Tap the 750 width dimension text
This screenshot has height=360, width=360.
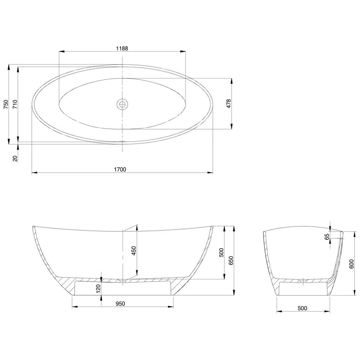coord(5,104)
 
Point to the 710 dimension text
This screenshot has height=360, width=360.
coord(15,104)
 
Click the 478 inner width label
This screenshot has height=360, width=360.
coord(228,103)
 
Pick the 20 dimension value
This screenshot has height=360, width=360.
coord(15,158)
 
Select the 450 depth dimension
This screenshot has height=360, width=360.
coord(133,251)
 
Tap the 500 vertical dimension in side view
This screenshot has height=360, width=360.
coord(221,252)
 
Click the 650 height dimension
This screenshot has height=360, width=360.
coord(231,260)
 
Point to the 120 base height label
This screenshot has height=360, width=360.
coord(98,289)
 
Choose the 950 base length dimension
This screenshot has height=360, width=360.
coord(120,304)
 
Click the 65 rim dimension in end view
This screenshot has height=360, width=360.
coord(327,237)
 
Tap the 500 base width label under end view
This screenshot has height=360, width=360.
coord(302,308)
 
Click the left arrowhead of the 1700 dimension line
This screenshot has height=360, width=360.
coord(33,173)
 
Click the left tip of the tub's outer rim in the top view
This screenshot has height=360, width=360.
coord(32,104)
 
